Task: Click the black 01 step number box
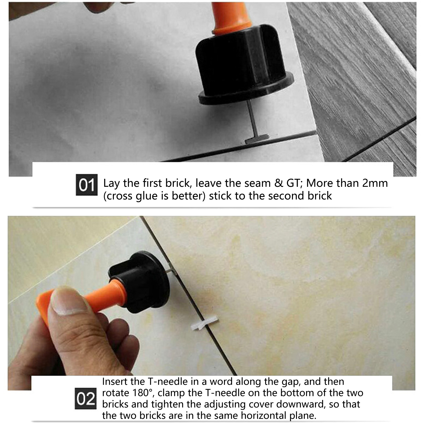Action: (87, 185)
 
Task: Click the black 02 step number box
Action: (86, 399)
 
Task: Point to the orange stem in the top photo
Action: (230, 21)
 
